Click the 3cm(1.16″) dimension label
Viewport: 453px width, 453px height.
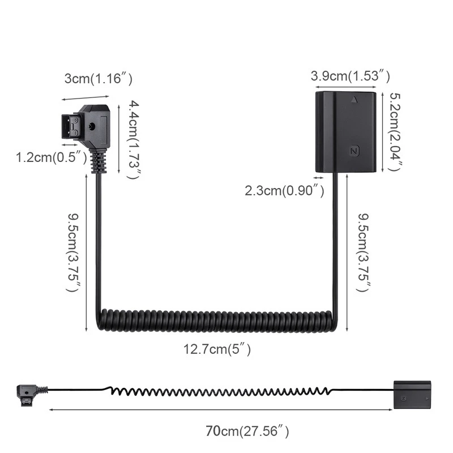99,79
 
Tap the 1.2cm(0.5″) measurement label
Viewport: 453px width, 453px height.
52,157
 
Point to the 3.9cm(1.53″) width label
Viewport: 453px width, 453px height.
350,75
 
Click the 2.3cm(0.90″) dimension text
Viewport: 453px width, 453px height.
284,191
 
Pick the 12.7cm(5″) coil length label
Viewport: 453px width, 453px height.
217,349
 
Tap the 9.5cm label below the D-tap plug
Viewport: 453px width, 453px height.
73,251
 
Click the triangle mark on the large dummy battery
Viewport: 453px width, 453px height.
354,100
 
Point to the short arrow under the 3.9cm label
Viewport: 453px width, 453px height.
347,87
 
